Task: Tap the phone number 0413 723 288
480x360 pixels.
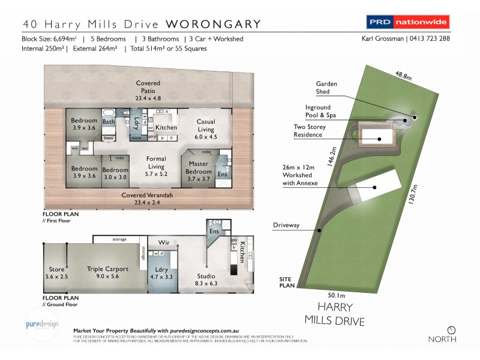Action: [431, 39]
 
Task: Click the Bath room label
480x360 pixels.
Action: [109, 122]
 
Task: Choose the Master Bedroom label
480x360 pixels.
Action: [199, 167]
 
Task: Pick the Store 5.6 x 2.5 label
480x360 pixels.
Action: [56, 273]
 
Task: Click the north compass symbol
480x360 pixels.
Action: [452, 329]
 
